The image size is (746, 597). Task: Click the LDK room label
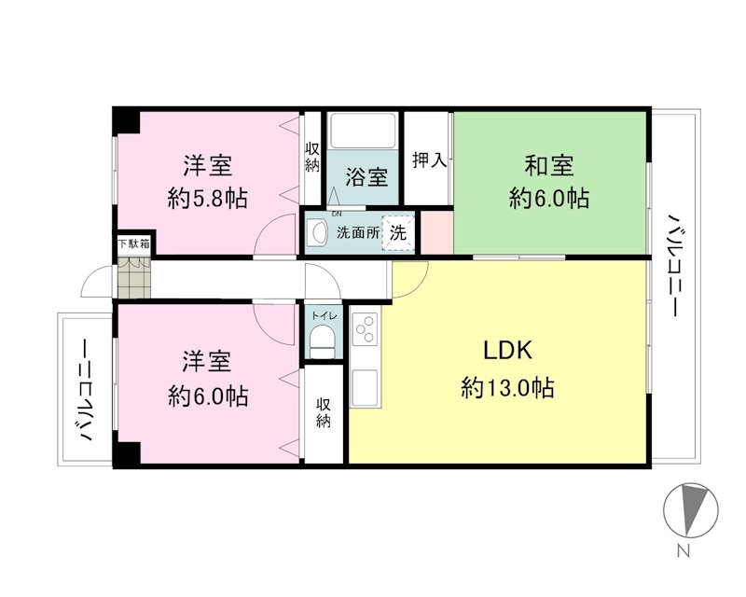(x=507, y=352)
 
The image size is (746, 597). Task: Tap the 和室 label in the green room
(x=548, y=167)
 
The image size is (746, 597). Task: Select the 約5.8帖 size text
(x=208, y=199)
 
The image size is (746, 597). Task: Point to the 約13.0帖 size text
(x=507, y=388)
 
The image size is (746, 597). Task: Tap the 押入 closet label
(x=429, y=160)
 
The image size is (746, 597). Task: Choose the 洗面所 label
(x=358, y=233)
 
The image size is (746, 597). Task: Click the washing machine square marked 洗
(x=398, y=233)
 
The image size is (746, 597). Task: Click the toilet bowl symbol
(x=323, y=343)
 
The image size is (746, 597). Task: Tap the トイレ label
(x=323, y=314)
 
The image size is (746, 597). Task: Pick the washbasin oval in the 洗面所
(x=318, y=233)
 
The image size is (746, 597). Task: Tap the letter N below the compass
(x=684, y=551)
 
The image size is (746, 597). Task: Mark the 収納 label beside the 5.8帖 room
(x=311, y=156)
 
